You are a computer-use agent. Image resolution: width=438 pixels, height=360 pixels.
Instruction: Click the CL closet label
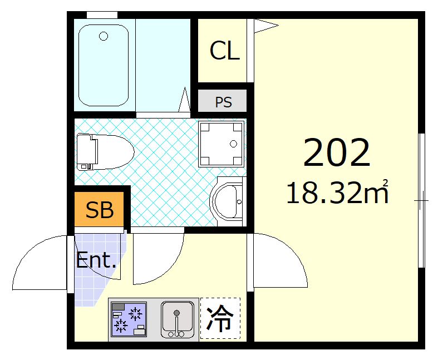(x=224, y=51)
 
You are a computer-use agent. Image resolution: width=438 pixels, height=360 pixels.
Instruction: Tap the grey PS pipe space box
(x=223, y=102)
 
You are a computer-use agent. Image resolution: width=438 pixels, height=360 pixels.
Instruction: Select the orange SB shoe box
(x=100, y=210)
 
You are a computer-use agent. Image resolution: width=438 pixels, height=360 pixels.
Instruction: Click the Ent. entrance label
(x=96, y=260)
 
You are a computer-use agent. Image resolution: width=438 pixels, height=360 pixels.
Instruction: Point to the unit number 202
(x=337, y=153)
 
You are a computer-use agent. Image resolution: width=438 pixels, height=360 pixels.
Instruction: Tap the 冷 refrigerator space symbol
(x=220, y=319)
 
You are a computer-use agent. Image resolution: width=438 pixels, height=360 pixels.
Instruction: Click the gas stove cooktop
(x=129, y=319)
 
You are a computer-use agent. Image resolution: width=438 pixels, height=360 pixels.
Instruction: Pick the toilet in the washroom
(x=105, y=150)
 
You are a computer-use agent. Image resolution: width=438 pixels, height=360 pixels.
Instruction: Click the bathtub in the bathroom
(x=104, y=65)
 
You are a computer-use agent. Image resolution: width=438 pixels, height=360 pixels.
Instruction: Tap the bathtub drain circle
(x=104, y=37)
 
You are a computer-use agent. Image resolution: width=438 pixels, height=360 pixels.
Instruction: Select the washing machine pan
(x=222, y=144)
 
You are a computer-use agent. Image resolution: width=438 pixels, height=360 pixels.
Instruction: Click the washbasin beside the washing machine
(x=229, y=200)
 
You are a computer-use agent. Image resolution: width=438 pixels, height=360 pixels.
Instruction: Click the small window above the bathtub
(x=102, y=14)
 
